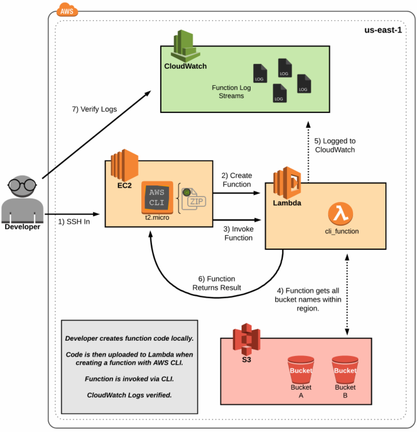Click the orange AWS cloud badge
click(67, 10)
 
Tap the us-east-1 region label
click(383, 30)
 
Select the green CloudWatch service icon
click(185, 46)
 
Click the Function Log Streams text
click(231, 91)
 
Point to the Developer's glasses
click(22, 184)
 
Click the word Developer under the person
click(22, 227)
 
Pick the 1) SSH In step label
click(74, 222)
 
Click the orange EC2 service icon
click(125, 165)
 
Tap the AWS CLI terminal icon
click(157, 197)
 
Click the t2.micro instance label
click(157, 217)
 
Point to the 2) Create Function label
click(236, 180)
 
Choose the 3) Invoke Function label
click(238, 233)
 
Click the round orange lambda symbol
click(341, 214)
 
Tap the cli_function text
click(342, 231)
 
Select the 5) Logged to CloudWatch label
click(335, 145)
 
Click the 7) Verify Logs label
click(94, 109)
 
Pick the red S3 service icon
click(246, 339)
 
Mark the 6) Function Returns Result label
click(216, 283)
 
